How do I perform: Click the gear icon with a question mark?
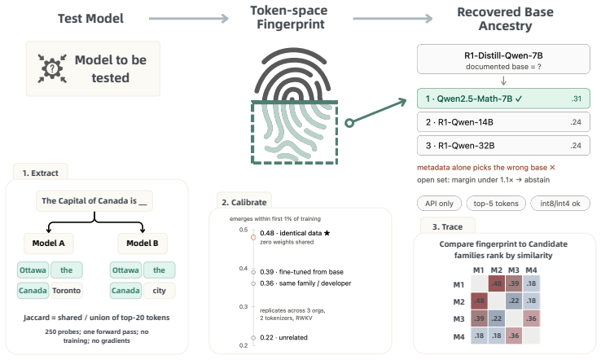click(52, 68)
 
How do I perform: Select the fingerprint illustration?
click(294, 106)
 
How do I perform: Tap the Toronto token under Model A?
click(66, 291)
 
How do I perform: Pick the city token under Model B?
click(159, 291)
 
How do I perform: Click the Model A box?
click(48, 243)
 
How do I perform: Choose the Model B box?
click(143, 243)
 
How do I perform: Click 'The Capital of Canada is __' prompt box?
click(94, 201)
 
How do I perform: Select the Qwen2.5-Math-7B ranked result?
click(503, 99)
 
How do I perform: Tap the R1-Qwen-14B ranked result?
click(503, 122)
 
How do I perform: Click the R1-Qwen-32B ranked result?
click(503, 146)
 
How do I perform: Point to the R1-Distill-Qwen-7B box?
click(503, 59)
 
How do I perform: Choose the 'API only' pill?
click(439, 204)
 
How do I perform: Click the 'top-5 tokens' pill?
click(496, 204)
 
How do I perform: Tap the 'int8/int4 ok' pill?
click(560, 204)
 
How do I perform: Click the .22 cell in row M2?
click(514, 301)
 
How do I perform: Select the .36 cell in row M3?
click(531, 318)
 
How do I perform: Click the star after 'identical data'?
click(327, 233)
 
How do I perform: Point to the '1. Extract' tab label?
click(40, 173)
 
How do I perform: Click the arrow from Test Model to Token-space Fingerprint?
click(189, 19)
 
